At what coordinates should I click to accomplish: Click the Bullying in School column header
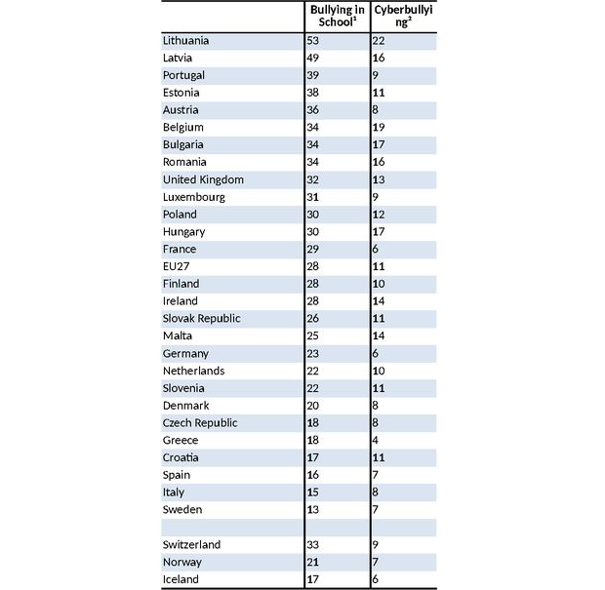(x=337, y=16)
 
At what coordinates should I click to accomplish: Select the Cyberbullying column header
(x=401, y=16)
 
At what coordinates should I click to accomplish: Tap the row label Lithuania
(x=185, y=41)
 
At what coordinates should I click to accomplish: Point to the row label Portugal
(x=183, y=76)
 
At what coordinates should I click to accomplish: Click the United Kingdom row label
(x=203, y=179)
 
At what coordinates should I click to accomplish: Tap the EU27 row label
(x=178, y=266)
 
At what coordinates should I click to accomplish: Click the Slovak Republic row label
(x=201, y=319)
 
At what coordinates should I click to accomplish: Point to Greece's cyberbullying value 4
(x=377, y=440)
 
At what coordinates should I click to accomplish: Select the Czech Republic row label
(x=199, y=423)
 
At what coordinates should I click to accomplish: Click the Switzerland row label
(x=191, y=545)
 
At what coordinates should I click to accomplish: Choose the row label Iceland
(x=181, y=579)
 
